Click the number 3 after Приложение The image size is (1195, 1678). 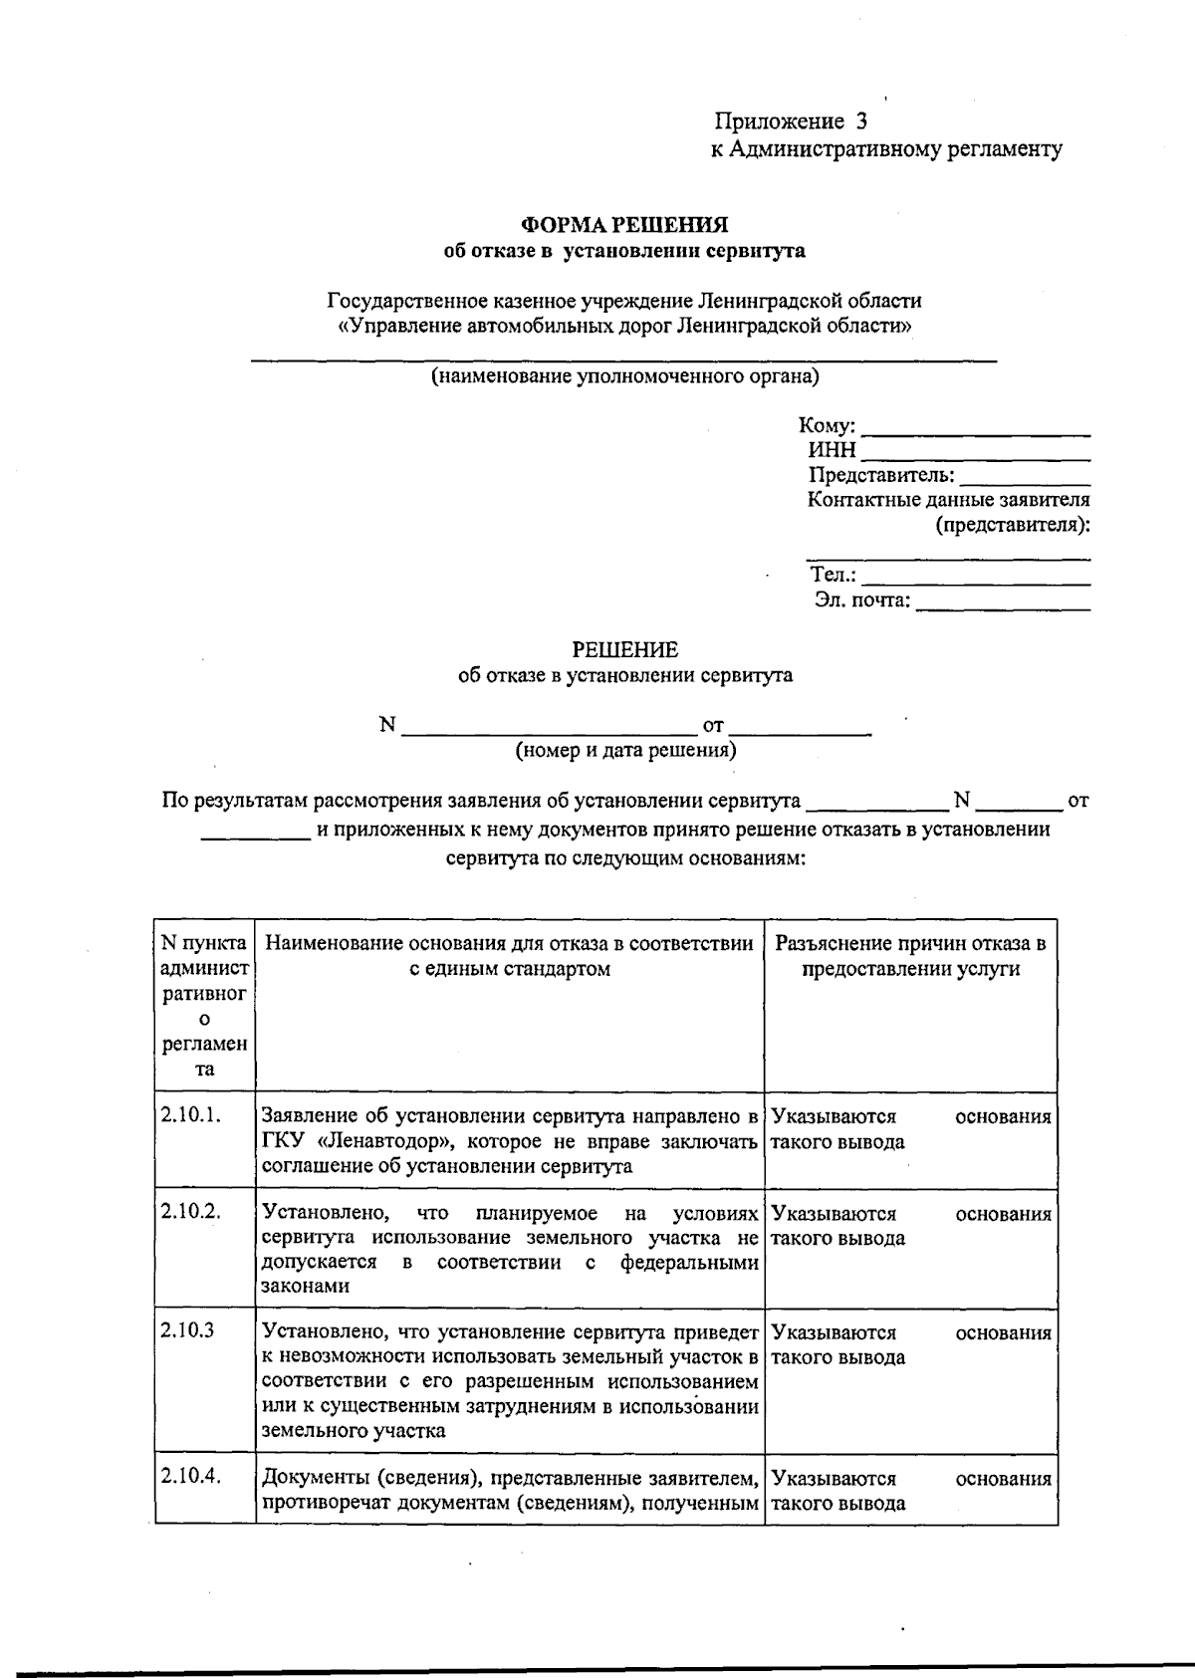tap(861, 122)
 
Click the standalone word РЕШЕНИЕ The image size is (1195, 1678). tap(624, 650)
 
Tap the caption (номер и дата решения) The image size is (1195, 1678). tap(625, 750)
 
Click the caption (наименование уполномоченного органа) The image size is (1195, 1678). tap(624, 376)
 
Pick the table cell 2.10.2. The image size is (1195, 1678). tap(189, 1213)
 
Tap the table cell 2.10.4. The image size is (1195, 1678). tap(189, 1478)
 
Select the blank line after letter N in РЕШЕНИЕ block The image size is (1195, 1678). tap(548, 732)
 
